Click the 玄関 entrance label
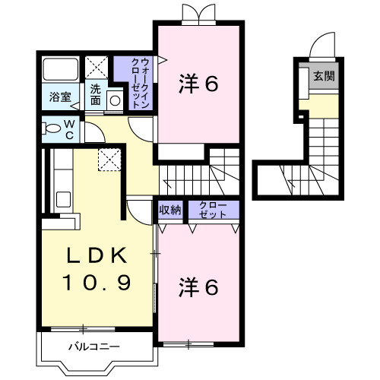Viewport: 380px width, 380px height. click(323, 77)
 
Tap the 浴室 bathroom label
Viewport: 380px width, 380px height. click(60, 97)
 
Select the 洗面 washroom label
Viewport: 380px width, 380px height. click(97, 94)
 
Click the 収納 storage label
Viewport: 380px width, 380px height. click(170, 211)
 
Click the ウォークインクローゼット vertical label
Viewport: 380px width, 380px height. click(135, 81)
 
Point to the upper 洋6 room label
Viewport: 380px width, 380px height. click(199, 84)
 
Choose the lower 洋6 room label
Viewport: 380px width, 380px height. click(199, 287)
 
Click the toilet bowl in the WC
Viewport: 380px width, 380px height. click(51, 128)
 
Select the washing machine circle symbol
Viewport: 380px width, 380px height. click(114, 100)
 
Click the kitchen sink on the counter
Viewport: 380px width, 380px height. click(64, 201)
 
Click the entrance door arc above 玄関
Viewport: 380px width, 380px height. click(322, 46)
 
